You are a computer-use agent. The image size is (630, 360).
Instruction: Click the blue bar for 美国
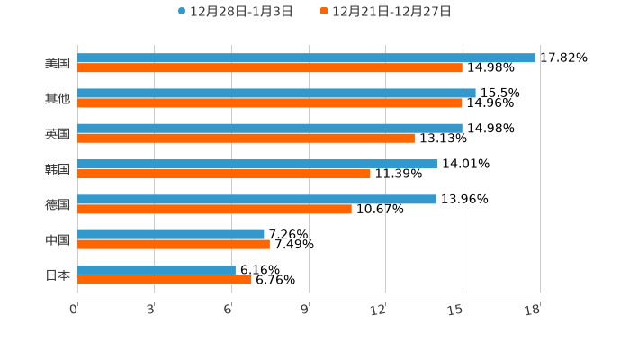click(x=306, y=58)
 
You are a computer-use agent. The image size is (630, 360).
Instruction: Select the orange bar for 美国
click(x=270, y=67)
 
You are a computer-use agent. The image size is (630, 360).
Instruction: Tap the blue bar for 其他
click(x=276, y=93)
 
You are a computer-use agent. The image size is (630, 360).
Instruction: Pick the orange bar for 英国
click(x=246, y=138)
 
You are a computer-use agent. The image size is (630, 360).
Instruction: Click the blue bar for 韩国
click(x=257, y=164)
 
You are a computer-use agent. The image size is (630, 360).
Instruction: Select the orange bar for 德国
click(x=214, y=209)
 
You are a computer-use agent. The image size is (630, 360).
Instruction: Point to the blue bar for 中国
click(x=171, y=234)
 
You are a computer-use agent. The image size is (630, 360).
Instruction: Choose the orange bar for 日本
click(x=165, y=279)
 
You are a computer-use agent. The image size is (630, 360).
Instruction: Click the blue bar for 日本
click(x=157, y=269)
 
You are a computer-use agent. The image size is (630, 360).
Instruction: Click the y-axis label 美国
click(x=58, y=63)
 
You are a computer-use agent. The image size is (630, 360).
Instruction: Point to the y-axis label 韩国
click(x=58, y=169)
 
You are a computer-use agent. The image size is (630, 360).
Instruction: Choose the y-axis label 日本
click(x=58, y=274)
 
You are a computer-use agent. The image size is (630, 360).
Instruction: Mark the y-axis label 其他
click(x=58, y=98)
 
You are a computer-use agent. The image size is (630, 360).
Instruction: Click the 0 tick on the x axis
click(x=74, y=310)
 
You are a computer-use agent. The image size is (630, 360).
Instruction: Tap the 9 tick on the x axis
click(x=305, y=310)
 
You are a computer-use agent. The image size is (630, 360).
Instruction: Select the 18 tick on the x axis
click(x=533, y=310)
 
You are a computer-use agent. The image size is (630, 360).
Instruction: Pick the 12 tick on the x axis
click(x=379, y=310)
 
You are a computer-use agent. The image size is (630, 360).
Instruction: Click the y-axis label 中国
click(x=58, y=239)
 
